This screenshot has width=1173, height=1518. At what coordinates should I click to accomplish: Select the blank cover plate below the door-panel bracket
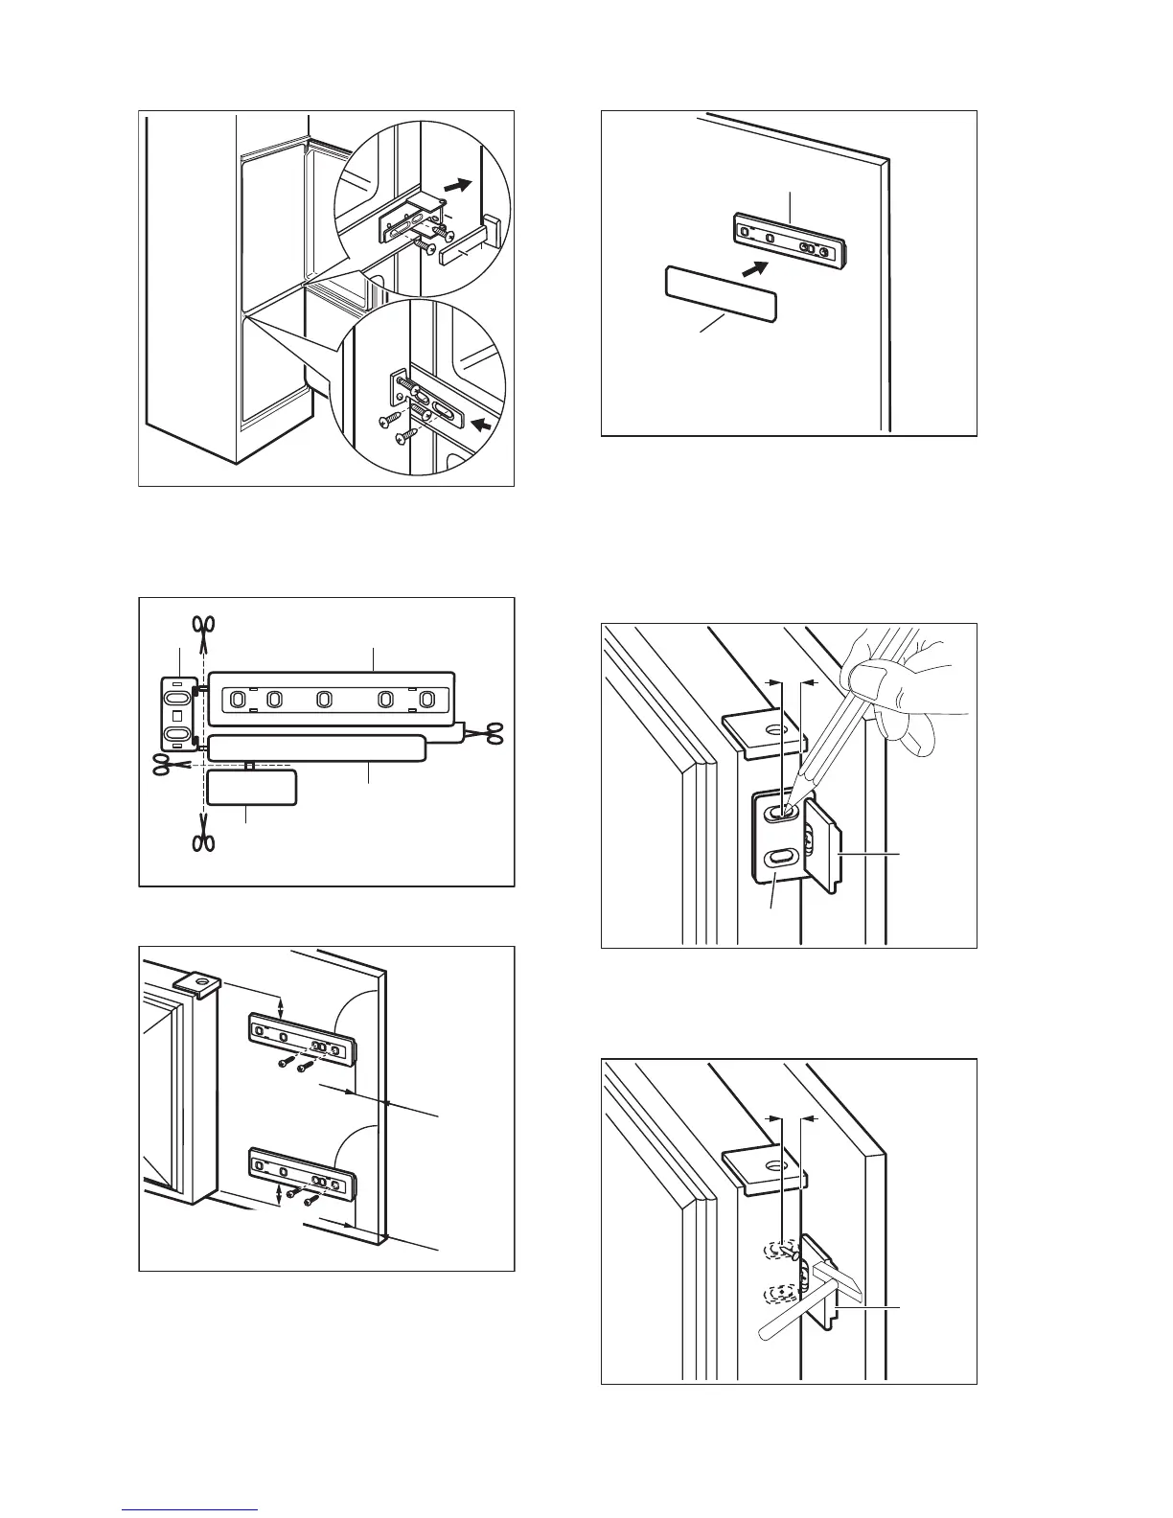(x=720, y=292)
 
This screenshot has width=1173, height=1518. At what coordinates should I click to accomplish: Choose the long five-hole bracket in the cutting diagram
(x=330, y=700)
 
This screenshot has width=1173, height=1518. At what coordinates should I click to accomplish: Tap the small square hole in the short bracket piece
(x=176, y=716)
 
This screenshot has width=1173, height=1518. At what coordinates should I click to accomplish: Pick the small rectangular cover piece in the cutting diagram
(x=252, y=787)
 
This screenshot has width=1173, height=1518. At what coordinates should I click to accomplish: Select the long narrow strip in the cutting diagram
(x=316, y=747)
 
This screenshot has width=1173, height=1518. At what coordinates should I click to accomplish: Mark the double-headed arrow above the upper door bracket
(x=281, y=1006)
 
